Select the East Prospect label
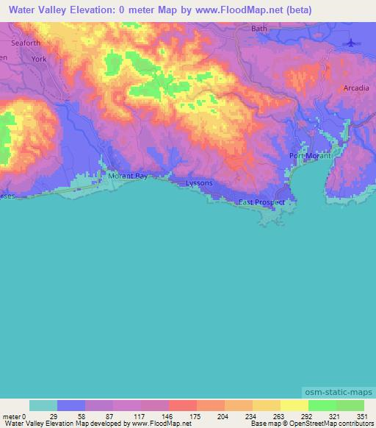tap(261, 201)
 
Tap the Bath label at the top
tap(259, 29)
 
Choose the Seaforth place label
tap(25, 43)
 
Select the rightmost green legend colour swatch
tap(350, 405)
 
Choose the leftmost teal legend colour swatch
tap(43, 405)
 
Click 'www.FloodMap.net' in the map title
tap(243, 10)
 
